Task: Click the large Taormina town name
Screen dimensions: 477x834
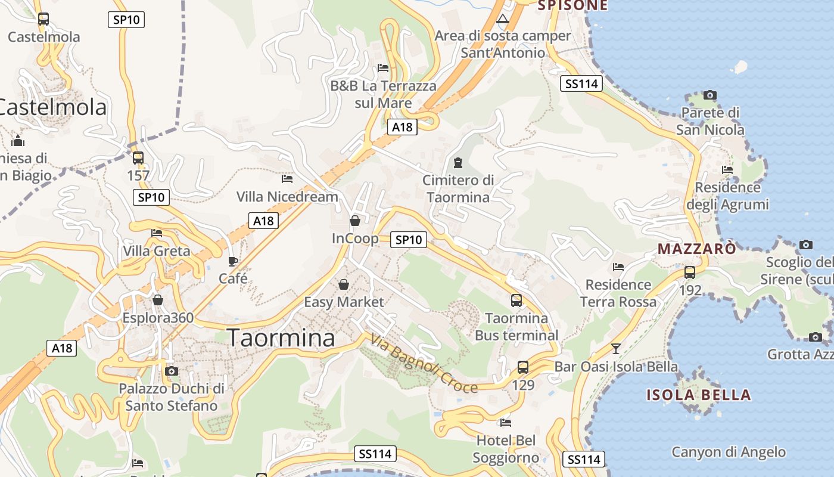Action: pos(281,338)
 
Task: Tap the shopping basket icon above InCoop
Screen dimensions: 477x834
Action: pos(355,221)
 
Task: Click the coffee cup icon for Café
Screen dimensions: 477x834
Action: pos(233,261)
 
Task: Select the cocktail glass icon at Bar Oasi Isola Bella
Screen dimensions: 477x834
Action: pos(616,348)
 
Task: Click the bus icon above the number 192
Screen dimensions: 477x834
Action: pos(690,272)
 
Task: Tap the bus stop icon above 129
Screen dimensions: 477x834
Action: pos(523,367)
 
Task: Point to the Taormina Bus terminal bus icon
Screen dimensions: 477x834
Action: pos(516,301)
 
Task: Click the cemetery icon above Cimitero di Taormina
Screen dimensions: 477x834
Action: pos(458,162)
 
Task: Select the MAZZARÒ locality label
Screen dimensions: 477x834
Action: pos(696,249)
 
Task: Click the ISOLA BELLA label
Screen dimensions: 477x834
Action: pos(699,395)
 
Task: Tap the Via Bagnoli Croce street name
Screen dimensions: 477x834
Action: pos(424,363)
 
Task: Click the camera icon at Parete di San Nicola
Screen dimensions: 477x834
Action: pos(709,95)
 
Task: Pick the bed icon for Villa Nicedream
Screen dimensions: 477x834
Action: pos(287,178)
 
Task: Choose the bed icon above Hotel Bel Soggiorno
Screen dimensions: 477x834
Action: pos(506,423)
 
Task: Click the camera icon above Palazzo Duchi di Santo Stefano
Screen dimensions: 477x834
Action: pos(172,371)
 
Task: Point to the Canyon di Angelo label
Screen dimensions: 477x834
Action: pos(729,452)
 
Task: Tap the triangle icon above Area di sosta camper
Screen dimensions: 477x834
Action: pos(503,18)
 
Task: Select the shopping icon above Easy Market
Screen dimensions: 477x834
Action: pos(344,284)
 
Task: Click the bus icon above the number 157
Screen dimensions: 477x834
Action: pos(138,158)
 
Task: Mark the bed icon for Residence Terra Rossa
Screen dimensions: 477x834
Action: pos(618,267)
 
